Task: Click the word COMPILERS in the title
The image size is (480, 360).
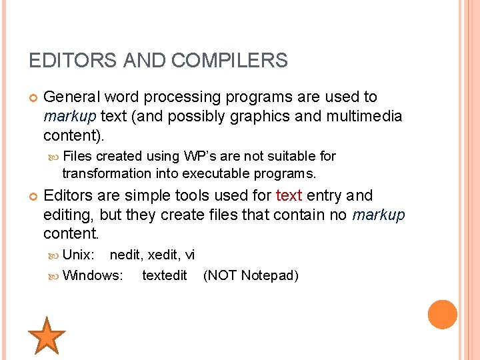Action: pyautogui.click(x=229, y=61)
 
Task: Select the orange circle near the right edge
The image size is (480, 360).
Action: pyautogui.click(x=443, y=315)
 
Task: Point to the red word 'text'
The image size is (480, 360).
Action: pyautogui.click(x=289, y=196)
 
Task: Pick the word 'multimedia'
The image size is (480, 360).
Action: pyautogui.click(x=365, y=117)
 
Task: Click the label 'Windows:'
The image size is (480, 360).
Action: pyautogui.click(x=93, y=275)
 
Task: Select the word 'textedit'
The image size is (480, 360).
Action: pyautogui.click(x=165, y=275)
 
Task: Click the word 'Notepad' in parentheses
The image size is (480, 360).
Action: pyautogui.click(x=269, y=275)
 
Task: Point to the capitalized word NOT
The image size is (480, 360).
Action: pyautogui.click(x=222, y=275)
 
